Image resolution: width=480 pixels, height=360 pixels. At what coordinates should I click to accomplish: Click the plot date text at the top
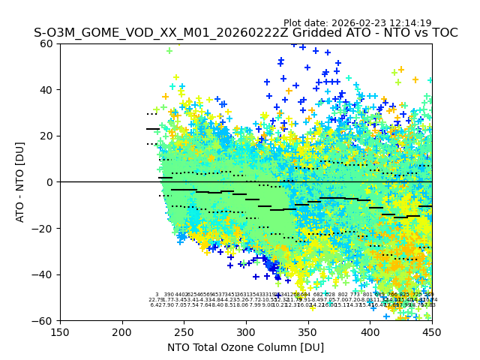coord(357,23)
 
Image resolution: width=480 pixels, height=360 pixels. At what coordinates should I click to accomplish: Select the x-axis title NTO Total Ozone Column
coord(245,347)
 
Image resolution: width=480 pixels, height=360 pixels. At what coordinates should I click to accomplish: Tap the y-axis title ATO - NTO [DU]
coord(20,182)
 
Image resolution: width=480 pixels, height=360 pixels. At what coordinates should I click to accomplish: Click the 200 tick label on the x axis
coord(122,331)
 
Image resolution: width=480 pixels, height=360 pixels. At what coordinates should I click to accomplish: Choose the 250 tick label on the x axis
coord(184,331)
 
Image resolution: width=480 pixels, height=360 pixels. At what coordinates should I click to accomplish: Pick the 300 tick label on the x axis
coord(246,331)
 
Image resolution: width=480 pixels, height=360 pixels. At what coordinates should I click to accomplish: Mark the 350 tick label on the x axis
coord(308,331)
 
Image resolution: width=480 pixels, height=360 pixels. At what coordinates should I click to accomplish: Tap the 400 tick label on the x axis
coord(370,331)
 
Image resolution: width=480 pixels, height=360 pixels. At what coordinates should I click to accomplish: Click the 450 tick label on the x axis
coord(431,331)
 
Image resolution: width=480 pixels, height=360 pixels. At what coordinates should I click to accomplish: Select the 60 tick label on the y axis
coord(47,43)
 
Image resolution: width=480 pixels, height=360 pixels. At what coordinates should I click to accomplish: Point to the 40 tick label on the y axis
coord(47,90)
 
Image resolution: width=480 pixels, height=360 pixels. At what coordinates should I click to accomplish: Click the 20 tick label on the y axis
coord(47,136)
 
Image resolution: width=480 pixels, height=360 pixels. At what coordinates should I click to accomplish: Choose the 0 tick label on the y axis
coord(50,182)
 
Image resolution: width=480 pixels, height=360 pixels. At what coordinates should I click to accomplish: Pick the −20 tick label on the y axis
coord(44,228)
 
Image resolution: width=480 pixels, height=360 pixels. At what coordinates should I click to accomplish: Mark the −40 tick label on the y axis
coord(44,274)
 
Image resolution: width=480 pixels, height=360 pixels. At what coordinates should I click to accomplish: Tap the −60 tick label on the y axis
coord(44,320)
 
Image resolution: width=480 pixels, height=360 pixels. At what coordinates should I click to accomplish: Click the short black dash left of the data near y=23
coord(152,129)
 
